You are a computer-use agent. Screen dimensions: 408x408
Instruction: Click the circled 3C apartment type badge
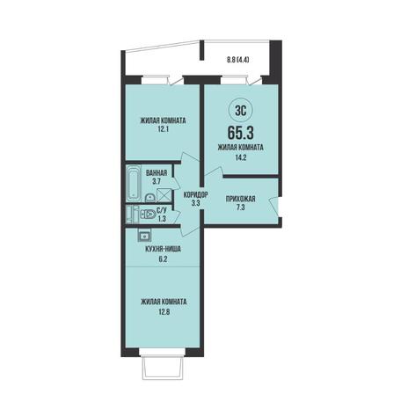(x=240, y=111)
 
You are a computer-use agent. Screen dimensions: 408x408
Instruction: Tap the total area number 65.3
(x=240, y=133)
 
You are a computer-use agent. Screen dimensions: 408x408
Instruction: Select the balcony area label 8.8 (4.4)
(x=237, y=60)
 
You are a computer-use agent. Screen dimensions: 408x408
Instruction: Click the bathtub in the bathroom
(x=135, y=183)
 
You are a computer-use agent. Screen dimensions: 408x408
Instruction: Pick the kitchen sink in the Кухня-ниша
(x=144, y=235)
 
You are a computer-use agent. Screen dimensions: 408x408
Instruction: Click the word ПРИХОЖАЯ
(x=240, y=199)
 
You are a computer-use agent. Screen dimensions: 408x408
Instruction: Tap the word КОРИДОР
(x=196, y=194)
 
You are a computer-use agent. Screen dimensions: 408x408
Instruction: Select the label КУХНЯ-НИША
(x=163, y=250)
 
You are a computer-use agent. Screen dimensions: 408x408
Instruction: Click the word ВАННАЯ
(x=157, y=173)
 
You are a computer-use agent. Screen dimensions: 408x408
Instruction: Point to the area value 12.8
(x=164, y=311)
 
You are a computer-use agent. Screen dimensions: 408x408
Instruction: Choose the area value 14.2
(x=240, y=157)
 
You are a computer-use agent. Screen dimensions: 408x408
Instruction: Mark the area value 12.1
(x=163, y=129)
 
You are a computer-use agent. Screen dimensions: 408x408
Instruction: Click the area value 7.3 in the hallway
(x=240, y=208)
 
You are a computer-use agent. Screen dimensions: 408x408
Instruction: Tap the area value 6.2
(x=163, y=259)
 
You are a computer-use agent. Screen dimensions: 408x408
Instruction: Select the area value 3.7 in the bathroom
(x=157, y=182)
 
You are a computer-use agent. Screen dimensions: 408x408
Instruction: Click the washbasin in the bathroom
(x=150, y=197)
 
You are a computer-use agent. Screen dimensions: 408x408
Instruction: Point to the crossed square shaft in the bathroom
(x=162, y=194)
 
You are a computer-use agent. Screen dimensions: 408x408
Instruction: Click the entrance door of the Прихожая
(x=273, y=208)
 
